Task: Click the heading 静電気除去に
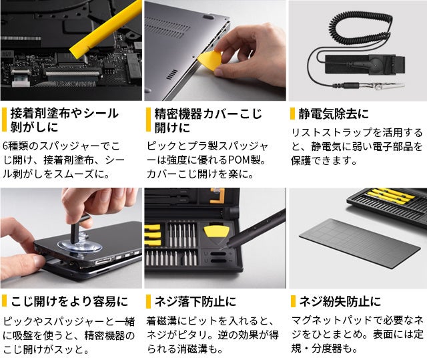click(334, 114)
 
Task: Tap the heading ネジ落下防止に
click(195, 301)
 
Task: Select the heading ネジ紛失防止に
click(340, 301)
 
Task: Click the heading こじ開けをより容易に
click(69, 301)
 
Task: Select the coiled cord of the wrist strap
click(360, 29)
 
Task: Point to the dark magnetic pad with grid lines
click(360, 243)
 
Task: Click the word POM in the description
click(239, 160)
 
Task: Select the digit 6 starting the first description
click(5, 146)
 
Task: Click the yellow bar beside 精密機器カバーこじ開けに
click(148, 120)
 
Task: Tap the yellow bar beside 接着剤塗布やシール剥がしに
click(4, 120)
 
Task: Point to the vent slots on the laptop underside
click(167, 28)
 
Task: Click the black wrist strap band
click(365, 65)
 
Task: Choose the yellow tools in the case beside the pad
click(390, 195)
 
